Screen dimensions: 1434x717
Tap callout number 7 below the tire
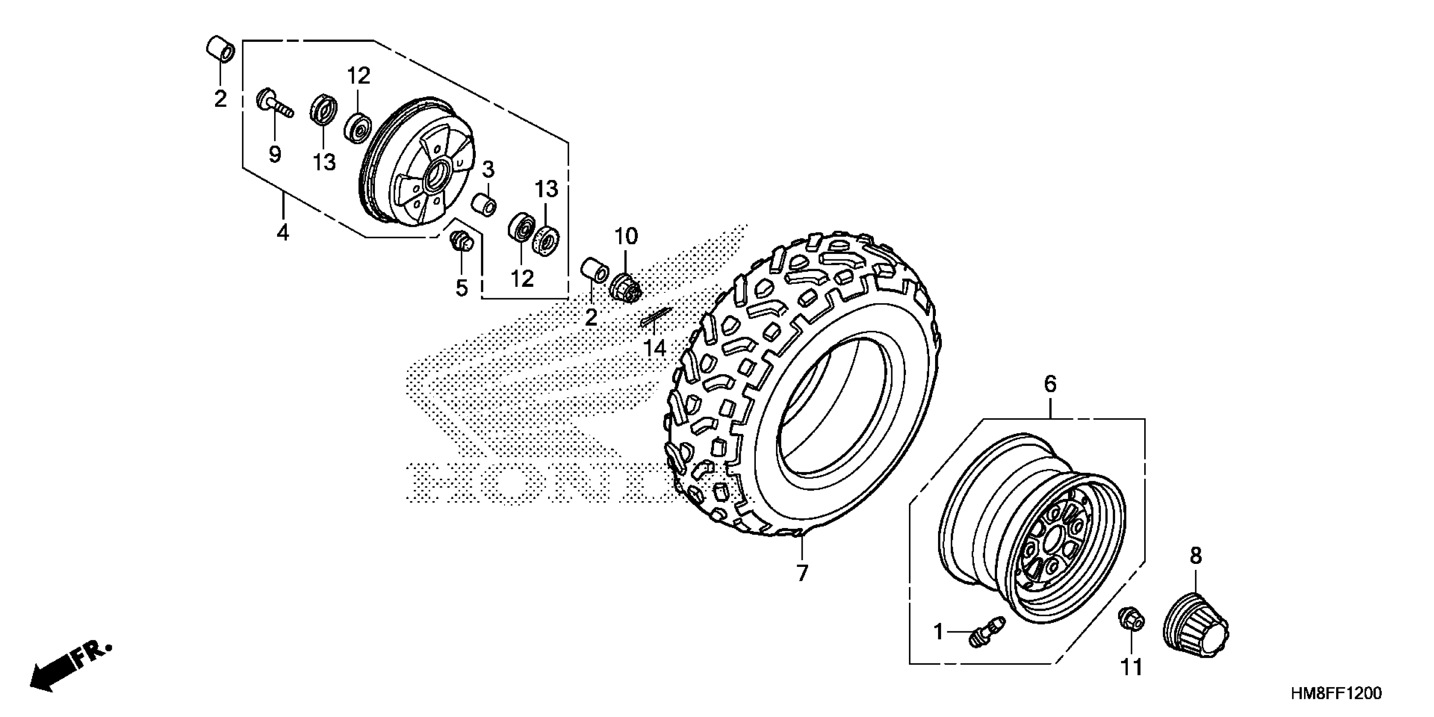tap(802, 573)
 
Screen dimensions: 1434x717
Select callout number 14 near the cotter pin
tap(655, 348)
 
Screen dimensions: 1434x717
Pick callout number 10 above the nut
tap(626, 237)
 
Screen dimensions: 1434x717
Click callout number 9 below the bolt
tap(275, 154)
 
